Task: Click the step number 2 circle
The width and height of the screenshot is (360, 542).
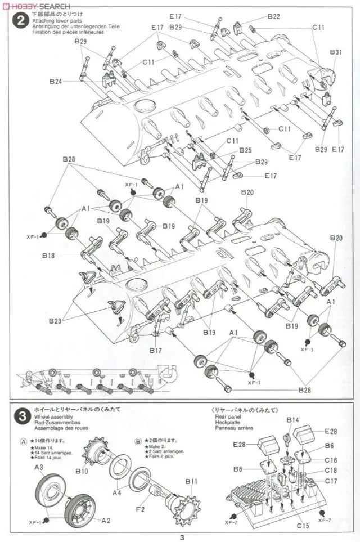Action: (x=21, y=21)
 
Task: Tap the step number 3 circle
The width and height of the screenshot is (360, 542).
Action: (x=21, y=417)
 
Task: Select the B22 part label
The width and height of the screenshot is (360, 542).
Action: (x=273, y=16)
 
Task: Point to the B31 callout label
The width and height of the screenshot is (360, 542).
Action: (x=336, y=52)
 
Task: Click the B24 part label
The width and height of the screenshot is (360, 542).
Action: (x=55, y=81)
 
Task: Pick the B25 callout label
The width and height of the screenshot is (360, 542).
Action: (x=245, y=150)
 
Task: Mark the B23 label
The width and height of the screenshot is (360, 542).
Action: (x=55, y=321)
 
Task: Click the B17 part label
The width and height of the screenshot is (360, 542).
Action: (x=156, y=350)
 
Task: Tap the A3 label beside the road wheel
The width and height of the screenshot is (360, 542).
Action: (x=39, y=467)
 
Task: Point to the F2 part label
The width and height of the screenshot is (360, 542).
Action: (x=141, y=510)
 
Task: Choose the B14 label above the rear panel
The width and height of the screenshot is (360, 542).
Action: (x=293, y=420)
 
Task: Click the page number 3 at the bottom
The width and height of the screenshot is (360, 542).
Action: (x=181, y=536)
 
